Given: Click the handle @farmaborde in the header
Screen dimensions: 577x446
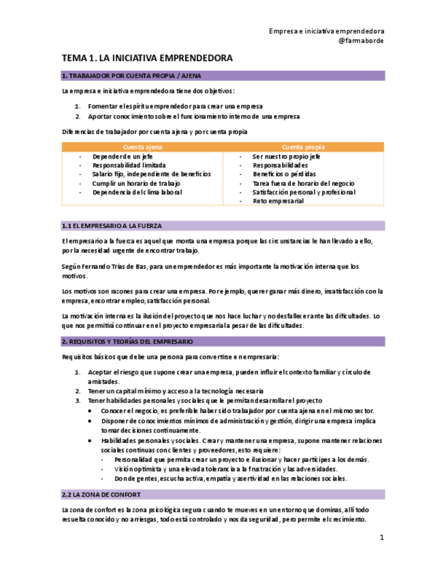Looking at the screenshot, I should pyautogui.click(x=361, y=41).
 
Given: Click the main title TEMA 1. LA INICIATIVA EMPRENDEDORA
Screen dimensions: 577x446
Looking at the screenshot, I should pyautogui.click(x=147, y=59).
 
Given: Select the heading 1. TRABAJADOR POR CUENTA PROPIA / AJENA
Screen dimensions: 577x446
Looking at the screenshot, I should pyautogui.click(x=131, y=76).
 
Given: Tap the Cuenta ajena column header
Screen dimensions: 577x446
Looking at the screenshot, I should pyautogui.click(x=142, y=147).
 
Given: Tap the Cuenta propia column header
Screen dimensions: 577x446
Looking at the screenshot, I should pyautogui.click(x=303, y=147).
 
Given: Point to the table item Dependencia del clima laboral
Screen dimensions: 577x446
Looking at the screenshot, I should pyautogui.click(x=137, y=193).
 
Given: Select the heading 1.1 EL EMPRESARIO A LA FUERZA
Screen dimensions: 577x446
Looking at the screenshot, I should pyautogui.click(x=112, y=225).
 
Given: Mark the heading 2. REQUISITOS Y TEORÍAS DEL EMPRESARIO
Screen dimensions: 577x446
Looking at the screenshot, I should pyautogui.click(x=127, y=342).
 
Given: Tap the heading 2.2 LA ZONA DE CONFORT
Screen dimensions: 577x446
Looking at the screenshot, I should pyautogui.click(x=101, y=495).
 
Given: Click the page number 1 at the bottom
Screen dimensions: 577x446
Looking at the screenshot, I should pyautogui.click(x=381, y=538).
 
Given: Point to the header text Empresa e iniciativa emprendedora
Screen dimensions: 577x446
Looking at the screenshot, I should pyautogui.click(x=326, y=31).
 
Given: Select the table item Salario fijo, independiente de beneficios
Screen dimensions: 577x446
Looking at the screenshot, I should pyautogui.click(x=151, y=174).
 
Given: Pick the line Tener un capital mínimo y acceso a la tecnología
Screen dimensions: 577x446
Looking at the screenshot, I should pyautogui.click(x=175, y=391).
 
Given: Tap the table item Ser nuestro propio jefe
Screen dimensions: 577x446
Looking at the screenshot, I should pyautogui.click(x=286, y=156).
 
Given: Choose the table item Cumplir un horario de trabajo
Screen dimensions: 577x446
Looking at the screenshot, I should pyautogui.click(x=136, y=184).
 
